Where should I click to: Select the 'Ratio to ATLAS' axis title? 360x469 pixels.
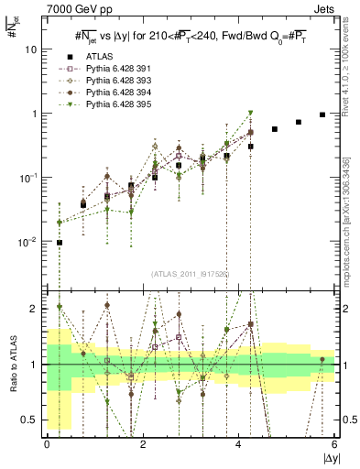pos(11,365)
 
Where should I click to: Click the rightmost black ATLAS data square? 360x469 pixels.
pos(322,115)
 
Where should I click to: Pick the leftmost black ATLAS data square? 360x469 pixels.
pos(60,243)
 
